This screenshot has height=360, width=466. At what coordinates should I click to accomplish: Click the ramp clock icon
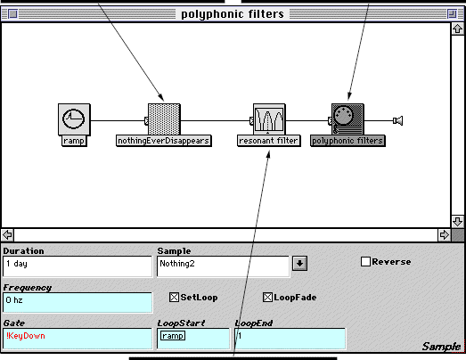coord(74,119)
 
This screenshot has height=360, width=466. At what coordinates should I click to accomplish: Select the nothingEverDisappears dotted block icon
coord(164,119)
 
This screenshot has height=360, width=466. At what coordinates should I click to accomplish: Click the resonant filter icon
coord(269,119)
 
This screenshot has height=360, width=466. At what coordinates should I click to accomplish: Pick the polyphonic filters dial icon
coord(347,119)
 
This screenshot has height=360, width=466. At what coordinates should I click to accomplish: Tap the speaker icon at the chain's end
coord(398,120)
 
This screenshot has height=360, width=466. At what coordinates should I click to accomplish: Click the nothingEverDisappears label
coord(164,141)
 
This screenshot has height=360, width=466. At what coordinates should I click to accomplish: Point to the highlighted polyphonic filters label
coord(347,141)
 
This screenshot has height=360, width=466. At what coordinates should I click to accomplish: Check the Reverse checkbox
coord(365,262)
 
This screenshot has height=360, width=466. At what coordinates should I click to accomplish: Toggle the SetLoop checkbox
coord(174,298)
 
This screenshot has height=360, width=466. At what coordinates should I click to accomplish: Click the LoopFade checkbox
coord(267,298)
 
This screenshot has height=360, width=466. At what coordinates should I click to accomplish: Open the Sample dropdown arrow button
coord(299,264)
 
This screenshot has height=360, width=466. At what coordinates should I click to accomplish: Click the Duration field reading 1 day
coord(78,266)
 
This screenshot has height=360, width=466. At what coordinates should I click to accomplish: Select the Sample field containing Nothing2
coord(223,266)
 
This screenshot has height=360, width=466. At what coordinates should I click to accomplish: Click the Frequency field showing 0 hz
coord(78,302)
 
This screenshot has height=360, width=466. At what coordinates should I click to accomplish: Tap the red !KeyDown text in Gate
coord(26,336)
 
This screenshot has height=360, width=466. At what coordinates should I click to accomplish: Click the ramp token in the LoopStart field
coord(173,336)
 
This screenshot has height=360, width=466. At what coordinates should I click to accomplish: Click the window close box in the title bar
coord(12,13)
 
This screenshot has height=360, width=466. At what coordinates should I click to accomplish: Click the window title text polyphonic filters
coord(233,14)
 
